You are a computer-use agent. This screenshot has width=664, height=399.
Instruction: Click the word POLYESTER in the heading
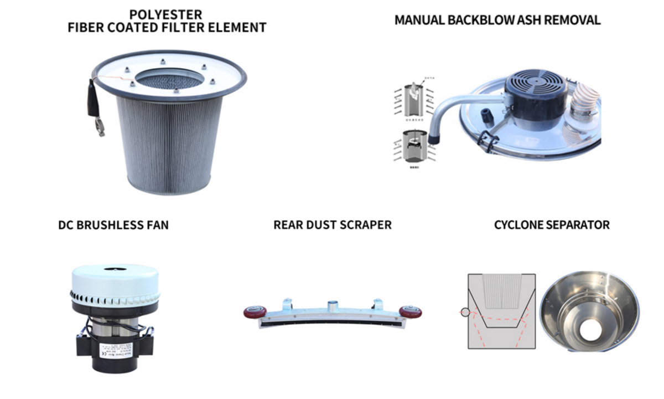pyautogui.click(x=167, y=14)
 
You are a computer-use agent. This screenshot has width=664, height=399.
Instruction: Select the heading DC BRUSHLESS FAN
pyautogui.click(x=113, y=225)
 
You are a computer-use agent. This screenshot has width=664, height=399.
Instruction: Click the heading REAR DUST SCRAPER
pyautogui.click(x=333, y=225)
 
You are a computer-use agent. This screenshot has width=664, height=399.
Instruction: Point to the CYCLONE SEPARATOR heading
pyautogui.click(x=552, y=225)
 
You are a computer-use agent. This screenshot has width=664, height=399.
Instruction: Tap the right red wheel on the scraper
pyautogui.click(x=410, y=313)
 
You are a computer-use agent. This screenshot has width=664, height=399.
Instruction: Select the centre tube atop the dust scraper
pyautogui.click(x=332, y=306)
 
